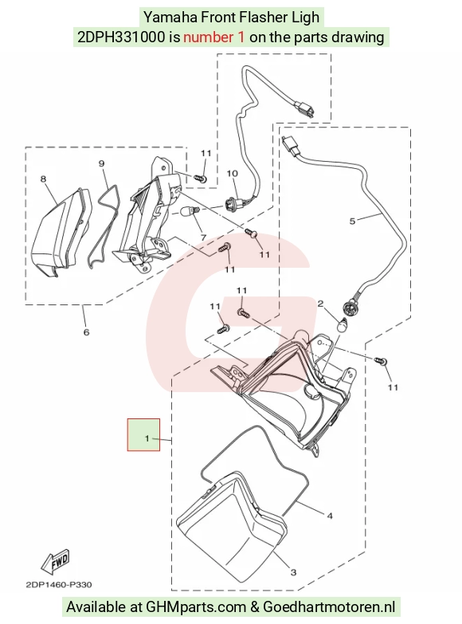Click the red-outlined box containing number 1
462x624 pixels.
(143, 434)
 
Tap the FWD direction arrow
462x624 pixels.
(55, 562)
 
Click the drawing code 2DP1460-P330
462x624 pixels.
(58, 585)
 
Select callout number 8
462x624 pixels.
(43, 179)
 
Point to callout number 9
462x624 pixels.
(101, 163)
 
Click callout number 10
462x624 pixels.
(232, 174)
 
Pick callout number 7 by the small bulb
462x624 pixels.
(203, 237)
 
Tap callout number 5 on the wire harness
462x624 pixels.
(352, 221)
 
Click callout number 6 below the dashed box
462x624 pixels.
(86, 332)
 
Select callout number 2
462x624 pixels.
(320, 304)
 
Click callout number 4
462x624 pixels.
(330, 516)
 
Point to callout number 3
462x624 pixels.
(293, 573)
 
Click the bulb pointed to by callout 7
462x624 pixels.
(189, 212)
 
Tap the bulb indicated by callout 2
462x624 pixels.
(343, 325)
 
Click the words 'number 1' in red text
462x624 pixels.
(214, 37)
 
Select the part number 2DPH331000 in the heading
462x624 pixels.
(121, 37)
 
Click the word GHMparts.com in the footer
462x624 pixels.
(196, 607)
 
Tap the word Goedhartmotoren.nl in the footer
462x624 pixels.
(329, 607)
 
